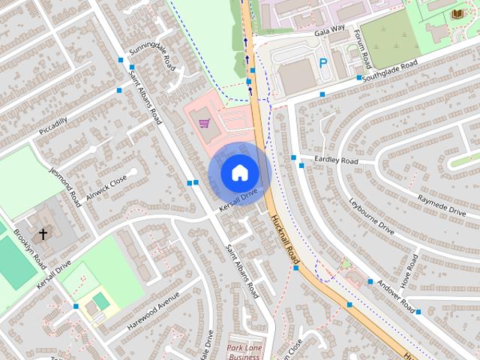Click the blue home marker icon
(x=238, y=172)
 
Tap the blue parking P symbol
(x=323, y=64)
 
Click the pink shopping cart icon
(x=204, y=123)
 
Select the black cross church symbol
(x=43, y=234)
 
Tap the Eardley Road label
(x=337, y=160)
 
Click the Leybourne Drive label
(x=371, y=217)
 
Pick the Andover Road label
(x=395, y=296)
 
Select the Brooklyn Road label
(x=30, y=250)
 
